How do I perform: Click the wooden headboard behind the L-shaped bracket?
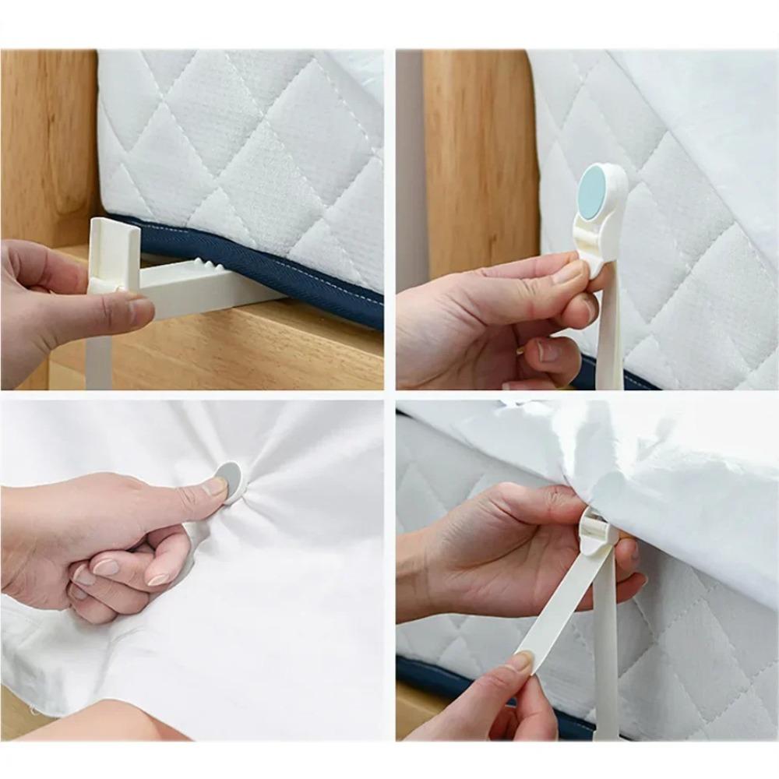pyautogui.click(x=47, y=140)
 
